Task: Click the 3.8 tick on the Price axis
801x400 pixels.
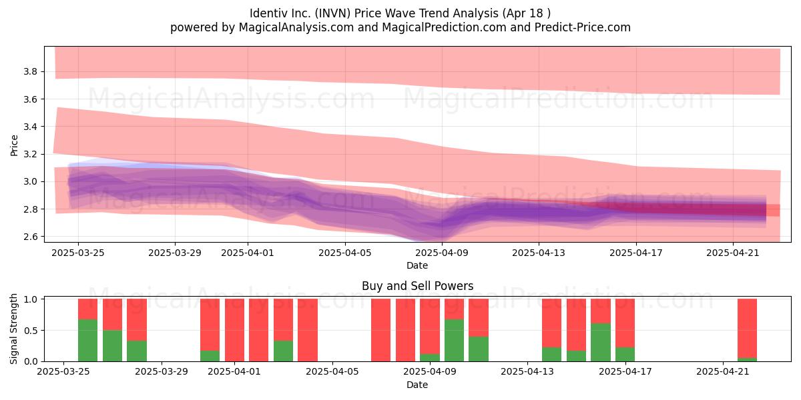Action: tap(31, 71)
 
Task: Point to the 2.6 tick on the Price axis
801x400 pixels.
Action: tap(31, 237)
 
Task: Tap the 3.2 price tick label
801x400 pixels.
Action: tap(31, 154)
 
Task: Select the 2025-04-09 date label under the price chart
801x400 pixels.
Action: tap(442, 253)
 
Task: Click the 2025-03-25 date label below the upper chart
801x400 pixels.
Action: tap(78, 253)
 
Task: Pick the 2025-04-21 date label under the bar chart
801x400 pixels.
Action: tap(723, 371)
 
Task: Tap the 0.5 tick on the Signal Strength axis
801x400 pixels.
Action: tap(31, 331)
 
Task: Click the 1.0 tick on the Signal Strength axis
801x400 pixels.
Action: tap(31, 299)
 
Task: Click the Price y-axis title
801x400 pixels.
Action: tap(14, 145)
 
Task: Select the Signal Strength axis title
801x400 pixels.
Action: tap(13, 329)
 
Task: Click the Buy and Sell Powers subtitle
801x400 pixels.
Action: tap(417, 286)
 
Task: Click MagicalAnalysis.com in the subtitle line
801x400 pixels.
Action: tap(296, 27)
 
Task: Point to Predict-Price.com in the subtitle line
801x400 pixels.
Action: tap(583, 27)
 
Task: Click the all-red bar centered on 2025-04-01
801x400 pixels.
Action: tap(234, 330)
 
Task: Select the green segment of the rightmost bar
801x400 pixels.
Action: tap(747, 359)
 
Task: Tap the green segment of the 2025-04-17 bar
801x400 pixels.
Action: tap(625, 354)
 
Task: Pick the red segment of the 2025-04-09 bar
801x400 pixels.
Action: tap(430, 327)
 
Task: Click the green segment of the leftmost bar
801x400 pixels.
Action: tap(87, 340)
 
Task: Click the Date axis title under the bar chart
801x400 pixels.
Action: tap(417, 385)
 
